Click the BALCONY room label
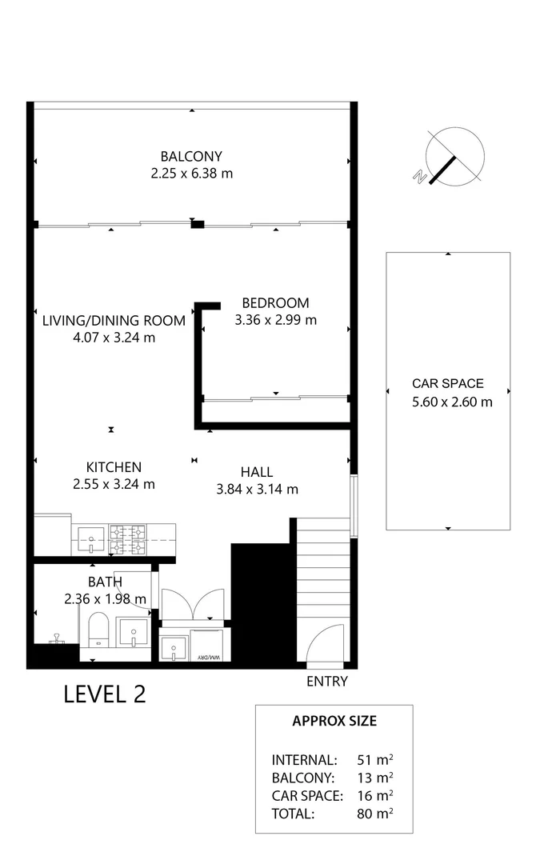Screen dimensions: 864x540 (191, 156)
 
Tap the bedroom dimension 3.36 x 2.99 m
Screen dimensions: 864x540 (276, 320)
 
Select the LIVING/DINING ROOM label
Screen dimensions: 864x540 (114, 320)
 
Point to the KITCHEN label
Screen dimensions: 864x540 (114, 467)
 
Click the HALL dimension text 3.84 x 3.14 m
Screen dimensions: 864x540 (257, 490)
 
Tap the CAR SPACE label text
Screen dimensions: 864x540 (447, 383)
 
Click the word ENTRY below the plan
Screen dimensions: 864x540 (327, 682)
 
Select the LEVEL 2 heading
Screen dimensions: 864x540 (105, 694)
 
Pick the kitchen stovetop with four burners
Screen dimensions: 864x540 (127, 539)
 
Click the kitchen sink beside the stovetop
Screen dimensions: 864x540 (92, 540)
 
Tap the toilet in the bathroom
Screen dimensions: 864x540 (98, 628)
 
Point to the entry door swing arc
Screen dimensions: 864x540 (324, 644)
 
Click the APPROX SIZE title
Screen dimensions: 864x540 (334, 721)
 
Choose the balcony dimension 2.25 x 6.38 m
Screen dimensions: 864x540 (191, 174)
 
